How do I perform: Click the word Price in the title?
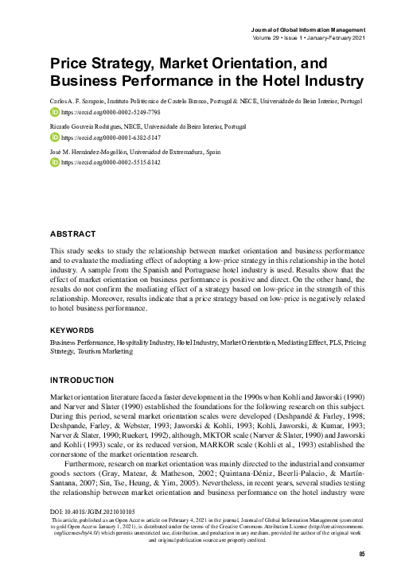(70, 63)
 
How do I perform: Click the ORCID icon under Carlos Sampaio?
(55, 113)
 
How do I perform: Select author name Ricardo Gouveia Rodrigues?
(85, 126)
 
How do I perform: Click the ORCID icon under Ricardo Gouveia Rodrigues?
(55, 136)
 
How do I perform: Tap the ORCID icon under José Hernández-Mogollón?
(55, 161)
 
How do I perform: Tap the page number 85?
(362, 554)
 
